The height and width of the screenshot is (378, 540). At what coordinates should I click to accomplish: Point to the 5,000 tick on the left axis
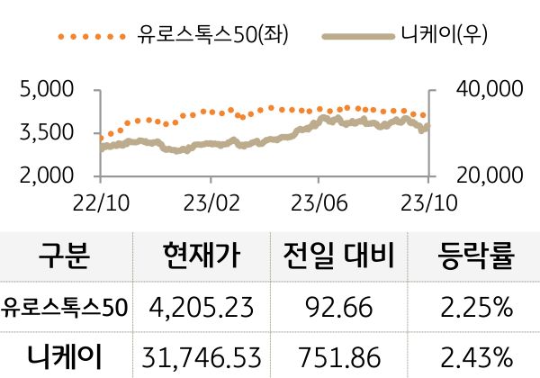(46, 90)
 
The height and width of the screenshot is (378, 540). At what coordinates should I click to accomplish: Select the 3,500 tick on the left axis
(46, 133)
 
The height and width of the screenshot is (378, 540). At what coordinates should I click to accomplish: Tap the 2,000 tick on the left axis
(46, 175)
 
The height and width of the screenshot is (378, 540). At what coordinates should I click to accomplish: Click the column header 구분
(65, 257)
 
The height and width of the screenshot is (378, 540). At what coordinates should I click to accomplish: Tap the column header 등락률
(478, 257)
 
